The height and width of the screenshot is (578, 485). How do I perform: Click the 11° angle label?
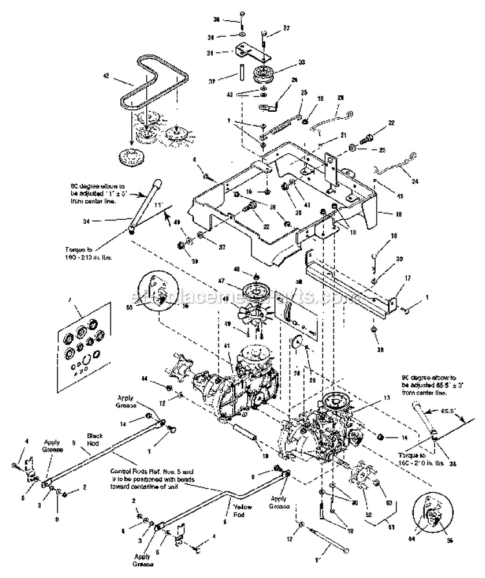pos(156,204)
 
